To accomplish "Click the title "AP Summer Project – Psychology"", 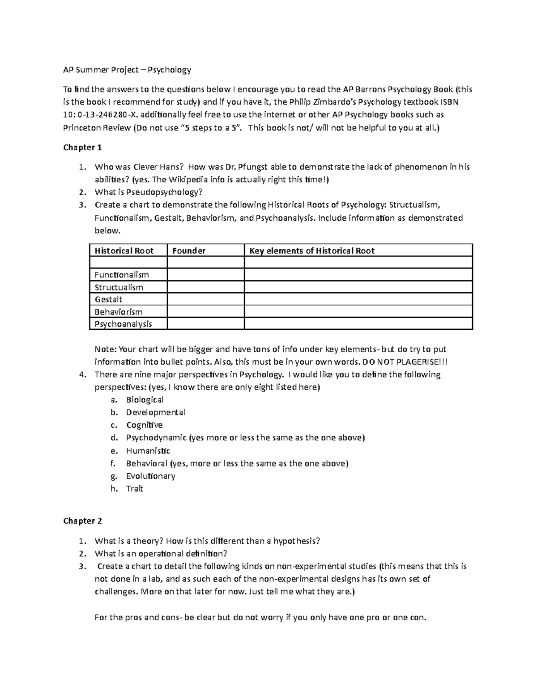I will click(x=127, y=70).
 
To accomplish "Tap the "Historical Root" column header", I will click(x=124, y=251).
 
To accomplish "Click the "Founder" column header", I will click(x=189, y=251).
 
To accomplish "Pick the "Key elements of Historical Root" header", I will click(x=312, y=251).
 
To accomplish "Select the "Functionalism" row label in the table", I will click(x=122, y=275).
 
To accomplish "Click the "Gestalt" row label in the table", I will click(x=108, y=299).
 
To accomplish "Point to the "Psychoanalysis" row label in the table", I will click(x=124, y=324).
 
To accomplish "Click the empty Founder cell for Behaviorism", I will click(x=206, y=312).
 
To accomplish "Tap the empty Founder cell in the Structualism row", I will click(x=206, y=287).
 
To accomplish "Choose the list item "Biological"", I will click(x=145, y=400).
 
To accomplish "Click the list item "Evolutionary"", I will click(x=150, y=476).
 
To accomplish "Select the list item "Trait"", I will click(x=134, y=489).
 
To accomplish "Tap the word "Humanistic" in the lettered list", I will click(x=148, y=451).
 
